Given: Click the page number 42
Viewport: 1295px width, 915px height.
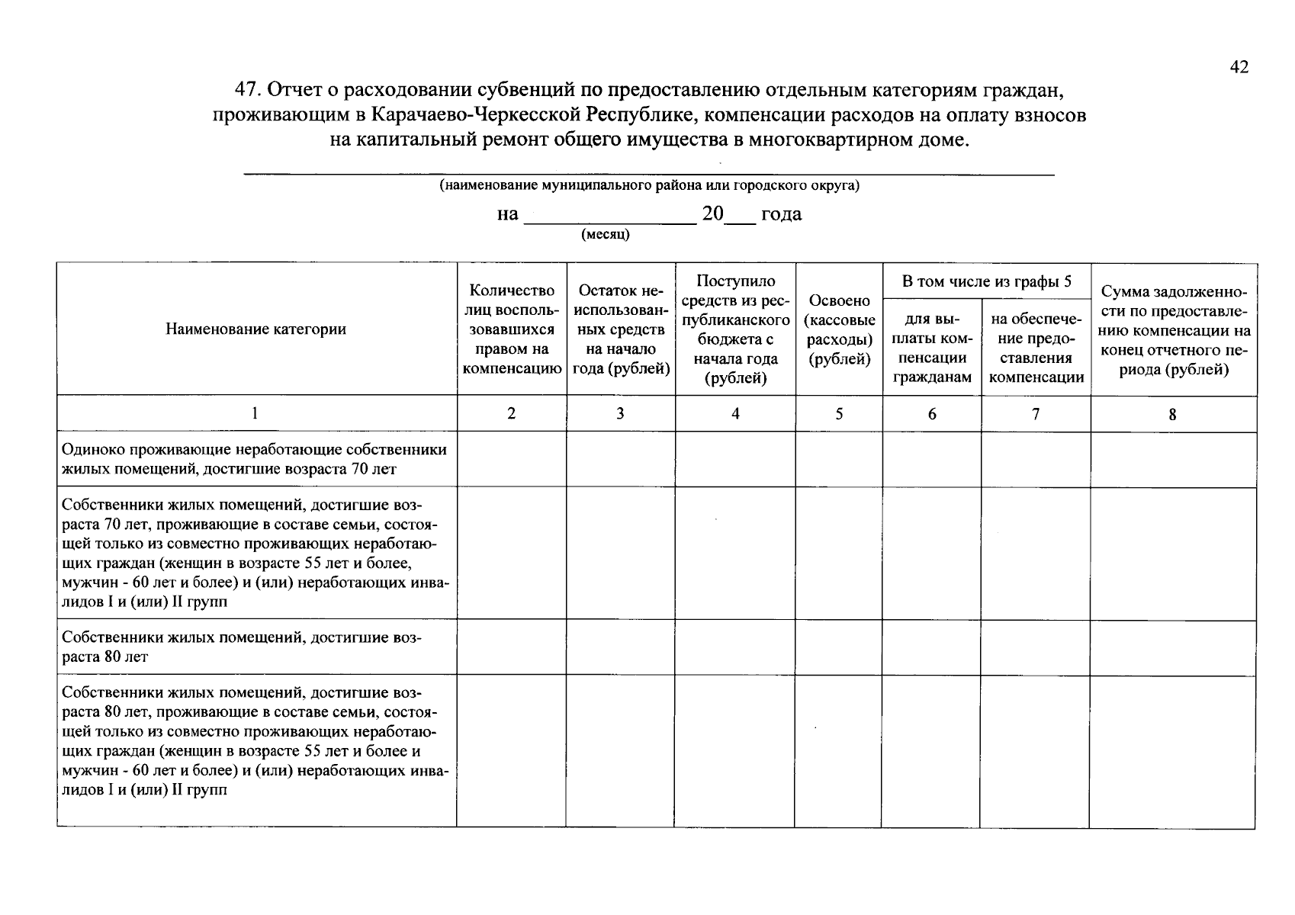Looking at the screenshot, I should point(1239,67).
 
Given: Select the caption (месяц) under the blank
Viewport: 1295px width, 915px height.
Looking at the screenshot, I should point(606,234).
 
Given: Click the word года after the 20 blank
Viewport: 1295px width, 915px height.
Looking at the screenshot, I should point(781,214).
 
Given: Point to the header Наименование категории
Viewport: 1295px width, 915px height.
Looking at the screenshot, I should point(255,329).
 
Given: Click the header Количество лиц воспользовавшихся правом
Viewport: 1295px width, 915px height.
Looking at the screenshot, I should point(511,329).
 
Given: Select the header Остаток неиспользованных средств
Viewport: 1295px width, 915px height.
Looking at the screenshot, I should point(620,329).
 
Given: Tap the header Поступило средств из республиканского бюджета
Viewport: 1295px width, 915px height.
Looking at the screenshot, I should point(735,329).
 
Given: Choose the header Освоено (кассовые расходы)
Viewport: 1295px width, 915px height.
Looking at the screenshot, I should point(839,329).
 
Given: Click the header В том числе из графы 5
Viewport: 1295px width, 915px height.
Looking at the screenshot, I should point(986,281).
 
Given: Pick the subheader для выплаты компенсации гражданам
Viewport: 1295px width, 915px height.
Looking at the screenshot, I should point(931,348).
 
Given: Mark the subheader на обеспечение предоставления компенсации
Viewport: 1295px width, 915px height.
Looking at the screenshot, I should point(1036,348).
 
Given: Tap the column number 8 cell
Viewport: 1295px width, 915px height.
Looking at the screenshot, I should point(1172,415).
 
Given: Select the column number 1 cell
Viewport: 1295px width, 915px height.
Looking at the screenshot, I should point(255,413).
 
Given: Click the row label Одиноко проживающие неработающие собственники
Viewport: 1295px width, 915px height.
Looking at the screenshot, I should point(254,459).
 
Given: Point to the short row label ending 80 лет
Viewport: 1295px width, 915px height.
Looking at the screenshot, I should point(240,647).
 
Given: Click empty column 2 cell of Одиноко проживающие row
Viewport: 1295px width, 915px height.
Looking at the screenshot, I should point(511,459).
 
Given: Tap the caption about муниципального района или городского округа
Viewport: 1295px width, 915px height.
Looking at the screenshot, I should point(649,186).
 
